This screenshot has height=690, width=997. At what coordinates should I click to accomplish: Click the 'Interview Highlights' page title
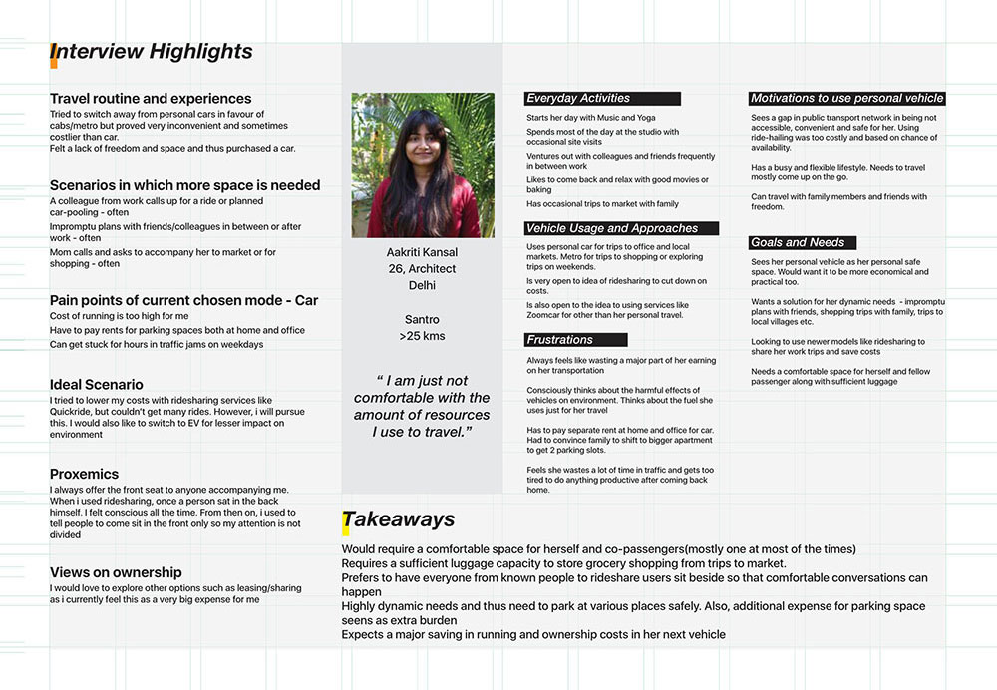point(153,52)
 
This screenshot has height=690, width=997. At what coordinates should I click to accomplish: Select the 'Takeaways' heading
point(400,519)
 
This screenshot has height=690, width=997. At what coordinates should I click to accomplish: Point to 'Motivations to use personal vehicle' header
point(846,99)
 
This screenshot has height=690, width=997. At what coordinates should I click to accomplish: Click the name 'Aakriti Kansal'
point(422,252)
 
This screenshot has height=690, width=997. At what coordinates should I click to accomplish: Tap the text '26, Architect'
point(422,269)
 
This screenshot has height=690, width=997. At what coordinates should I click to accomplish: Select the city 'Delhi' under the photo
point(422,286)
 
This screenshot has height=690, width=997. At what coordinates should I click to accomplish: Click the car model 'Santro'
point(422,319)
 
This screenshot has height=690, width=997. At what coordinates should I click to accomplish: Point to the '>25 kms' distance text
point(422,336)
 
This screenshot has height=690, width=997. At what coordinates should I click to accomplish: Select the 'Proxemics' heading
point(84,474)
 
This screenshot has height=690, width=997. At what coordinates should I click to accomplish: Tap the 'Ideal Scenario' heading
point(97,384)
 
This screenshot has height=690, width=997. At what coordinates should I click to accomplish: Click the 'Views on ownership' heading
point(116,572)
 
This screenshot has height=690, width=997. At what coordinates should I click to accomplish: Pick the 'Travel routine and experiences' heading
point(151,99)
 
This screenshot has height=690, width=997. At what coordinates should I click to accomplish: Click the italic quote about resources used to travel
point(422,406)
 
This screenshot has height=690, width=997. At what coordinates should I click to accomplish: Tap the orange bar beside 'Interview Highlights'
point(53,55)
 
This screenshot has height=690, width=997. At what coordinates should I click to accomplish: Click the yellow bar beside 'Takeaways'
point(346,521)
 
